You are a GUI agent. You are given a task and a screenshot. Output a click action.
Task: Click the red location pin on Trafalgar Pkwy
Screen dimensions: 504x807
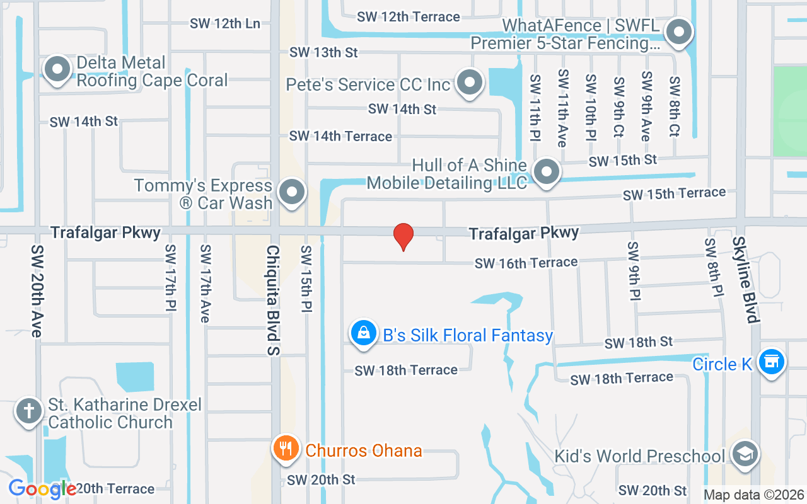click(x=403, y=236)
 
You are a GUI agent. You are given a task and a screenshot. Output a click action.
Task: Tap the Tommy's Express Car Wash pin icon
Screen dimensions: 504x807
click(x=292, y=193)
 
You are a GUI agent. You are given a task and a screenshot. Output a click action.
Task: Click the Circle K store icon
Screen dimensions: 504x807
click(x=771, y=362)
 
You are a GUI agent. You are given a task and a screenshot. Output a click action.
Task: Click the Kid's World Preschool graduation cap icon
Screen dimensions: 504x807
click(x=745, y=454)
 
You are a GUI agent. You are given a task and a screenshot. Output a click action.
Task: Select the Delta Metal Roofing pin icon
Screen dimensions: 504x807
click(x=57, y=69)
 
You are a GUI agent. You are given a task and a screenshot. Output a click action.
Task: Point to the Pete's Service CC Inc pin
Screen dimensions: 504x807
click(x=469, y=83)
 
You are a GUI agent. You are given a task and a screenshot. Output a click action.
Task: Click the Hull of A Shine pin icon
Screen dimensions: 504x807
click(x=546, y=172)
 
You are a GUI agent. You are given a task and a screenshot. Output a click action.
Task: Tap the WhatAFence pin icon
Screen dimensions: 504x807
click(x=679, y=31)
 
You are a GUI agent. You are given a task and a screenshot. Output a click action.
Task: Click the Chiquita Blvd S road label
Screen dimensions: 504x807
click(x=273, y=300)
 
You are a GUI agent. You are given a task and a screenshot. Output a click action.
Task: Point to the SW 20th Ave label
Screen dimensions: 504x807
click(x=37, y=290)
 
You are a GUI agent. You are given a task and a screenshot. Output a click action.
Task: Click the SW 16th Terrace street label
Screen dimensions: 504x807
click(x=526, y=263)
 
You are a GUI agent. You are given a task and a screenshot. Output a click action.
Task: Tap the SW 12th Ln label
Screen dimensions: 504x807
click(x=225, y=23)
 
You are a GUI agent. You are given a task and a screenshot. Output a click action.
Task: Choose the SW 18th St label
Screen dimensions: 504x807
click(x=639, y=343)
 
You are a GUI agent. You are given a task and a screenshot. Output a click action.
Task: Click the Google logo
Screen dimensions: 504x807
click(x=42, y=489)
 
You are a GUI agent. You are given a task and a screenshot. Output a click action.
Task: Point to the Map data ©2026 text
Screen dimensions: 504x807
click(x=753, y=495)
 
